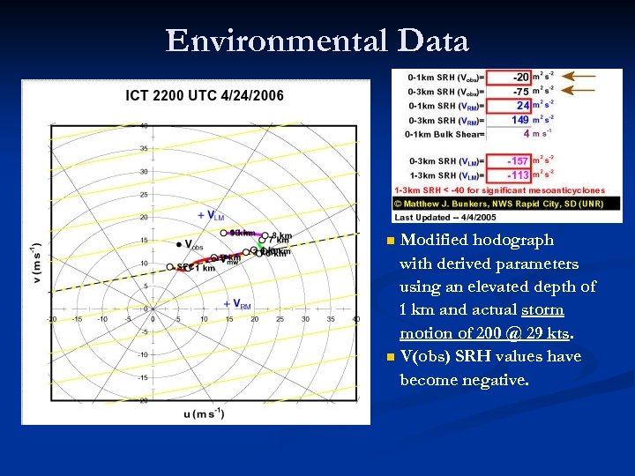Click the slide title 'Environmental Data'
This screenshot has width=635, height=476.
(317, 41)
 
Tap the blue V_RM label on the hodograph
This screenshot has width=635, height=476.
(237, 304)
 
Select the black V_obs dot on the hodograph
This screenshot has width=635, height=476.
(177, 244)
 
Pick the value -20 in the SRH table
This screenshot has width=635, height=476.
(520, 77)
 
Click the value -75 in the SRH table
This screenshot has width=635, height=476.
(520, 91)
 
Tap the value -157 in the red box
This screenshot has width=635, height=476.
(518, 160)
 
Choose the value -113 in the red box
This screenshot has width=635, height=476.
(518, 175)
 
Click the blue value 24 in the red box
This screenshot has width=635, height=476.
(522, 106)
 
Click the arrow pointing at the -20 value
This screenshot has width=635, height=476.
(579, 77)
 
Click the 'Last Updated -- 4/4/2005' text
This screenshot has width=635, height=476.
(445, 216)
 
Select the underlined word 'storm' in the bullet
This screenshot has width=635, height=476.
(542, 310)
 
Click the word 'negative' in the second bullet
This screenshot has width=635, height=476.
(497, 380)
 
